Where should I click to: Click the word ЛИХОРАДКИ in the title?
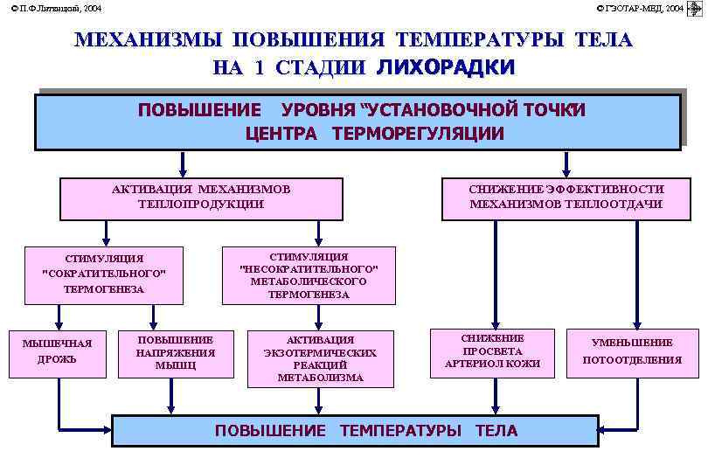click(446, 67)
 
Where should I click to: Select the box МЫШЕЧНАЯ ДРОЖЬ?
click(57, 351)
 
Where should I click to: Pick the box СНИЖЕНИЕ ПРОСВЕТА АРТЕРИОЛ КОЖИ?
click(492, 351)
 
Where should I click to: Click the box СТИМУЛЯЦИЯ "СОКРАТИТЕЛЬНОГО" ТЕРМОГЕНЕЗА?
click(104, 274)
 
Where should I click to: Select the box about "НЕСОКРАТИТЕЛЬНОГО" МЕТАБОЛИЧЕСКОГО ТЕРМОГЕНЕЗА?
click(309, 275)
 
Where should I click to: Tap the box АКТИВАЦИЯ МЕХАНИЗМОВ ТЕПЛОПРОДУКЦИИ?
click(200, 197)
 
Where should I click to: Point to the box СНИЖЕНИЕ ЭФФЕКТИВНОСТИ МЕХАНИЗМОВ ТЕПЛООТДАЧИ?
click(566, 197)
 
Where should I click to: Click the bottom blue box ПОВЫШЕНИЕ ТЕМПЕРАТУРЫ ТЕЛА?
click(366, 430)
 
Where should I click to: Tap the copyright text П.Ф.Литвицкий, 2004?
click(56, 8)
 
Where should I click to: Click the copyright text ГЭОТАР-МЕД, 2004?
click(640, 8)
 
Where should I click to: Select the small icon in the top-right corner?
click(696, 8)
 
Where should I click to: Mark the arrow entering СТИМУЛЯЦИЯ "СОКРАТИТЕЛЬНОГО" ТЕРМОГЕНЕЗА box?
click(106, 233)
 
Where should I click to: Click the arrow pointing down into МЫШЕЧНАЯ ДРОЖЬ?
click(58, 316)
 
